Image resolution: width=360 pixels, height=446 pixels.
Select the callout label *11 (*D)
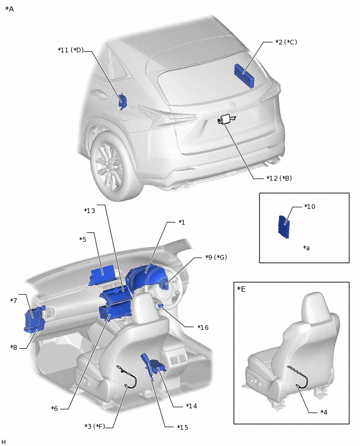pyautogui.click(x=71, y=50)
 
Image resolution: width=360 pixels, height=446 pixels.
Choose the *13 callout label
pyautogui.click(x=89, y=210)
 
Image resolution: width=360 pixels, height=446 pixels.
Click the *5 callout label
pyautogui.click(x=83, y=239)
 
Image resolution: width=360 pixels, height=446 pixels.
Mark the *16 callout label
pyautogui.click(x=203, y=327)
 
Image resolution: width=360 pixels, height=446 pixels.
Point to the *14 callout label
pyautogui.click(x=192, y=406)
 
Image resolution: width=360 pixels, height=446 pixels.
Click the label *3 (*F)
pyautogui.click(x=95, y=426)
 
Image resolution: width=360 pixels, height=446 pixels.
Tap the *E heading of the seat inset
pyautogui.click(x=241, y=289)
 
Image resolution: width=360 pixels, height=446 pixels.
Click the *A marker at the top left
pyautogui.click(x=9, y=9)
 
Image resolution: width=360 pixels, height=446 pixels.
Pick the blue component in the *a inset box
pyautogui.click(x=284, y=227)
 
